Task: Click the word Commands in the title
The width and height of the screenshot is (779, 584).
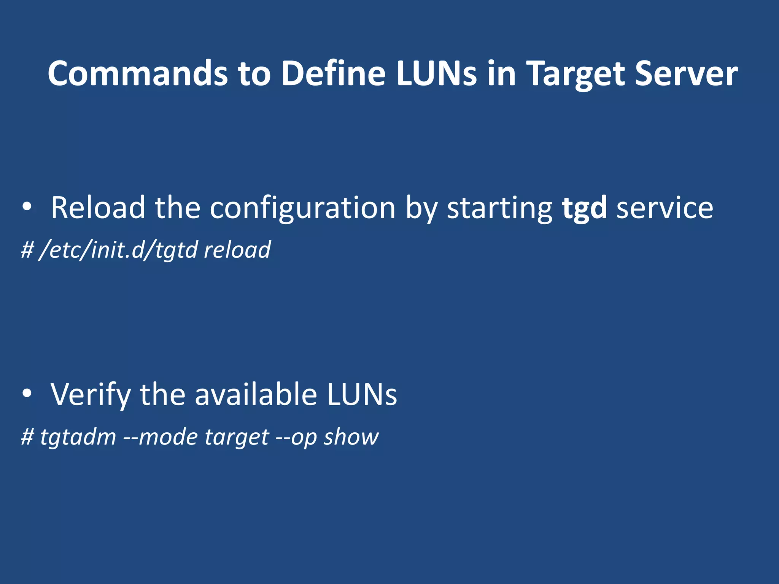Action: (x=137, y=73)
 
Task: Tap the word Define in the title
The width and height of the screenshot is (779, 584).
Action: (x=333, y=73)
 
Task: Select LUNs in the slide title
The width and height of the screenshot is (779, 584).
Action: (x=436, y=73)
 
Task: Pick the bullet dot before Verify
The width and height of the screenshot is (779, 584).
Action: (x=27, y=394)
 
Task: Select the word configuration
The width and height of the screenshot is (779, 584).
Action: (x=303, y=208)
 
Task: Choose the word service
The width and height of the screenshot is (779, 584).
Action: (x=665, y=208)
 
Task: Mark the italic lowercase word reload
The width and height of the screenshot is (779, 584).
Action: (x=237, y=250)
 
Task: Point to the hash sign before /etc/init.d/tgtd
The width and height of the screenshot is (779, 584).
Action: (x=27, y=250)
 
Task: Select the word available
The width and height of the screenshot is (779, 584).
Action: (x=256, y=394)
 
